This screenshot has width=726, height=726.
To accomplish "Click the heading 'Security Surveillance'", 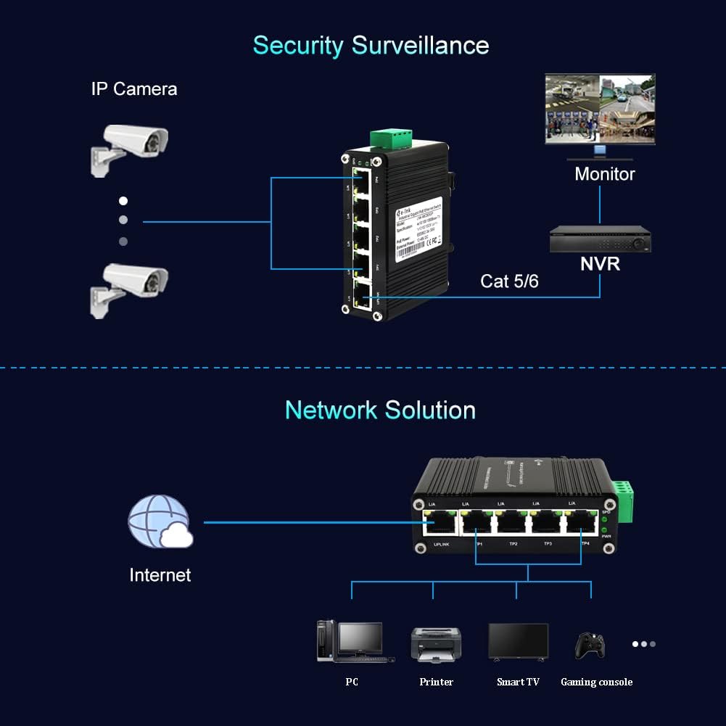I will pos(371,45).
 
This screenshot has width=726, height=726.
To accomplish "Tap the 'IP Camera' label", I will pos(134,89).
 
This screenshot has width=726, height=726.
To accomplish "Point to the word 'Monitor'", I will pos(604,174).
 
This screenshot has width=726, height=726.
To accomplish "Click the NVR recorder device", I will pos(600,240).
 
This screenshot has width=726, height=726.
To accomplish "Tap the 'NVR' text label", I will pos(601,263).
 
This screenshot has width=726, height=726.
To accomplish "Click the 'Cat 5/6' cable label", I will pos(509,281).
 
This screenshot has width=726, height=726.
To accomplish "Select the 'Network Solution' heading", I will pos(380,410).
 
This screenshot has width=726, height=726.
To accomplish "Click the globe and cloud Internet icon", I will pos(160,521).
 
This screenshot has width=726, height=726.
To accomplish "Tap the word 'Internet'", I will pos(160,575).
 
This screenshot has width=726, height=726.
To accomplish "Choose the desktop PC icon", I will pos(351,641).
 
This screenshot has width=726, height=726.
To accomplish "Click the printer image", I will pos(436,643).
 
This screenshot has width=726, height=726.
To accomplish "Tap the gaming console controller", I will pos(590,645).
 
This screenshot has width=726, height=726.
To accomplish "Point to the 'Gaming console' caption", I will pos(596,682).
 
